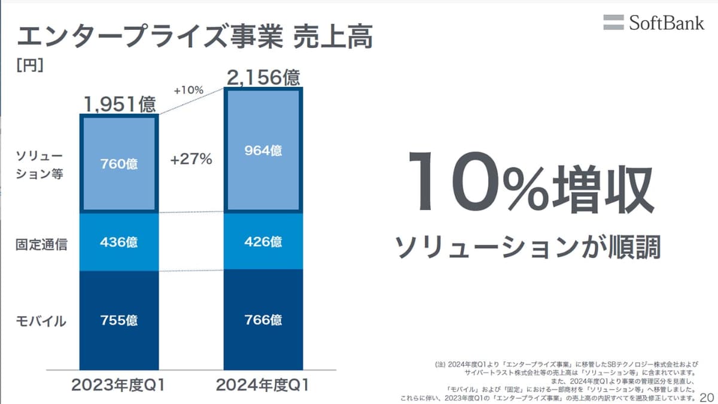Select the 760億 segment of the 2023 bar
coord(119,163)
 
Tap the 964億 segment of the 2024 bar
coord(263,150)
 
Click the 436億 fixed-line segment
coord(119,242)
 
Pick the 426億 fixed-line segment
coord(263,242)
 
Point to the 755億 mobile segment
coord(119,320)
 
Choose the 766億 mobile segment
coord(263,320)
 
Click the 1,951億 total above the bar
coord(119,104)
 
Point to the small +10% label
coord(188,90)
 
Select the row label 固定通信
coord(41,244)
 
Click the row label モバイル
coord(41,321)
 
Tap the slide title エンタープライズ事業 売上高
coord(194,37)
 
